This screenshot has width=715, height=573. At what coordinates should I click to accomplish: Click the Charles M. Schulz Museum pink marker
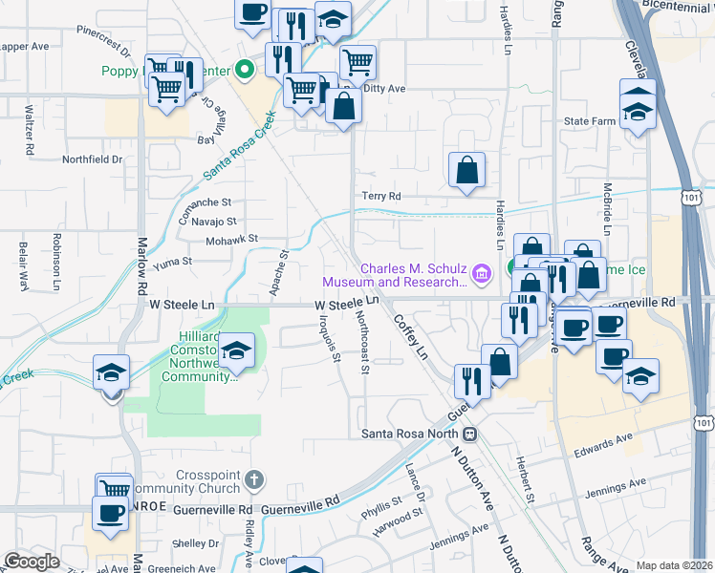[481, 275]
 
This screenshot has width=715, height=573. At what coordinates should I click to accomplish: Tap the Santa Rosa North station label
[417, 434]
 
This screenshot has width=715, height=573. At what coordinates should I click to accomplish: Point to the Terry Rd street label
[380, 196]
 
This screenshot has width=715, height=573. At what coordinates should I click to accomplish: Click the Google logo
[32, 562]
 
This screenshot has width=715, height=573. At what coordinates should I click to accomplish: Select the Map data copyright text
[674, 565]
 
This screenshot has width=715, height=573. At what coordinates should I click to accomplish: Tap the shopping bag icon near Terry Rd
[466, 171]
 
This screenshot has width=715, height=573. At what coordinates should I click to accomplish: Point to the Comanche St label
[206, 202]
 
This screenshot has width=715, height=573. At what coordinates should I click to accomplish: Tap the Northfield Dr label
[93, 159]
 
